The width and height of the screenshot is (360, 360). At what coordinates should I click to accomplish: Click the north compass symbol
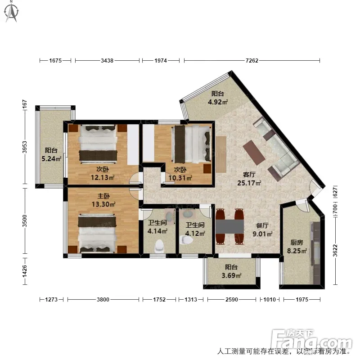tap(12, 12)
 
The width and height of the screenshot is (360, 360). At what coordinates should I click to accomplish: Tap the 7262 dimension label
tap(252, 61)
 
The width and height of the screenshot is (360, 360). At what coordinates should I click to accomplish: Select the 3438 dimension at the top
tap(107, 61)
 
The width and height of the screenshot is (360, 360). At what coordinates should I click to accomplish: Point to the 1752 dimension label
tap(159, 300)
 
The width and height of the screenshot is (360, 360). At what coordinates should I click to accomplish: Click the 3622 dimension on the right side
tap(335, 251)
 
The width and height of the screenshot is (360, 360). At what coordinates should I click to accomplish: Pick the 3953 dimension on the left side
tap(25, 147)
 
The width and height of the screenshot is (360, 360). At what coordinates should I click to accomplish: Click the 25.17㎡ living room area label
tap(249, 183)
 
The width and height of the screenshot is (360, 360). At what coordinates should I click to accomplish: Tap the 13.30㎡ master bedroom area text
tap(103, 204)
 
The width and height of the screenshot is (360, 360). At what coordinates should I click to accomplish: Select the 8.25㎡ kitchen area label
tap(297, 251)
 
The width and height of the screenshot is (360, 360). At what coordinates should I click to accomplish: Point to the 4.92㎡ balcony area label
tap(218, 102)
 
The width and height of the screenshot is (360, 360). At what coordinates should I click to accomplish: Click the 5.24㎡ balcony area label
tap(51, 158)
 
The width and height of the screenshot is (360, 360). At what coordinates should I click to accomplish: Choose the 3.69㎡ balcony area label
tap(231, 275)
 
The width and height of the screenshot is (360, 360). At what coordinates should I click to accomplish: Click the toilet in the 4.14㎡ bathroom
tap(160, 246)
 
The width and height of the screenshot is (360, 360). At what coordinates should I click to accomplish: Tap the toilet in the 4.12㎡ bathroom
tap(186, 240)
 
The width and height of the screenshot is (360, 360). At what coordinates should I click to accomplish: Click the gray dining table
tap(229, 226)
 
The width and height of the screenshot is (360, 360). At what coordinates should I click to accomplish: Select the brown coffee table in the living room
tap(254, 152)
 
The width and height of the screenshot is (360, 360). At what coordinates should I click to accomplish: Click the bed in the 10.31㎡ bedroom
tap(192, 144)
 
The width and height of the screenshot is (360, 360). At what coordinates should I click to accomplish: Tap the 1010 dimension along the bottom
tap(270, 300)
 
